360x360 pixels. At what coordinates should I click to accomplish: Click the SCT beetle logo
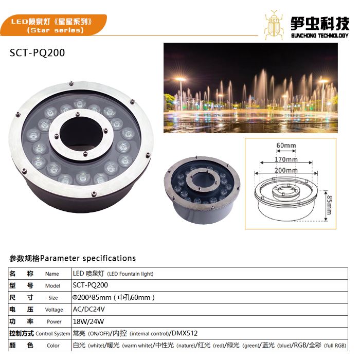pyautogui.click(x=274, y=25)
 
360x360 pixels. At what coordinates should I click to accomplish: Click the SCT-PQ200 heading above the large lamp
pyautogui.click(x=37, y=53)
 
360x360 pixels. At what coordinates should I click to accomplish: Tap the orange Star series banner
pyautogui.click(x=53, y=25)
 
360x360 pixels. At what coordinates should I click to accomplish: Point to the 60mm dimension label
pyautogui.click(x=286, y=146)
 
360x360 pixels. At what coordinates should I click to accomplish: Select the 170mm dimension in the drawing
pyautogui.click(x=286, y=159)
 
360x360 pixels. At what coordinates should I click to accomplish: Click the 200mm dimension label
pyautogui.click(x=286, y=170)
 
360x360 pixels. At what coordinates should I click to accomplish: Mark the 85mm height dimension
pyautogui.click(x=329, y=205)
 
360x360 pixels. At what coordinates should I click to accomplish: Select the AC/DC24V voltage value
pyautogui.click(x=88, y=309)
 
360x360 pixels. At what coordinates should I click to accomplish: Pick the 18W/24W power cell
pyautogui.click(x=88, y=321)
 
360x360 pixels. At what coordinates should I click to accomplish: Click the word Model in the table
pyautogui.click(x=52, y=285)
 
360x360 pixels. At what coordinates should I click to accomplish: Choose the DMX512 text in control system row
pyautogui.click(x=185, y=333)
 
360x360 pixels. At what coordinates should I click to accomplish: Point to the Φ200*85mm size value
pyautogui.click(x=92, y=297)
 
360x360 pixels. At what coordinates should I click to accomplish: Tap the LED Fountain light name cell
pyautogui.click(x=113, y=274)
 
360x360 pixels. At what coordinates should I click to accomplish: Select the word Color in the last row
pyautogui.click(x=53, y=345)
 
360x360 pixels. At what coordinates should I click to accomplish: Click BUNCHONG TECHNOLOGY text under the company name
pyautogui.click(x=320, y=35)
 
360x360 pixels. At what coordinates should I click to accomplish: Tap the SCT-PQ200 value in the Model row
pyautogui.click(x=90, y=285)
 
